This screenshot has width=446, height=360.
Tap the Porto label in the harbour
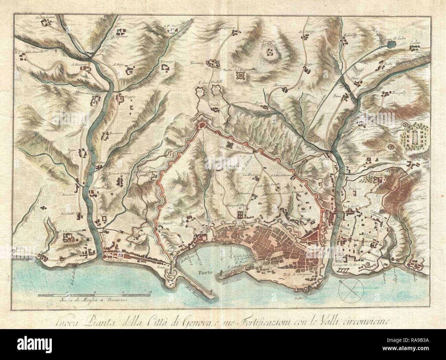point(203,273)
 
